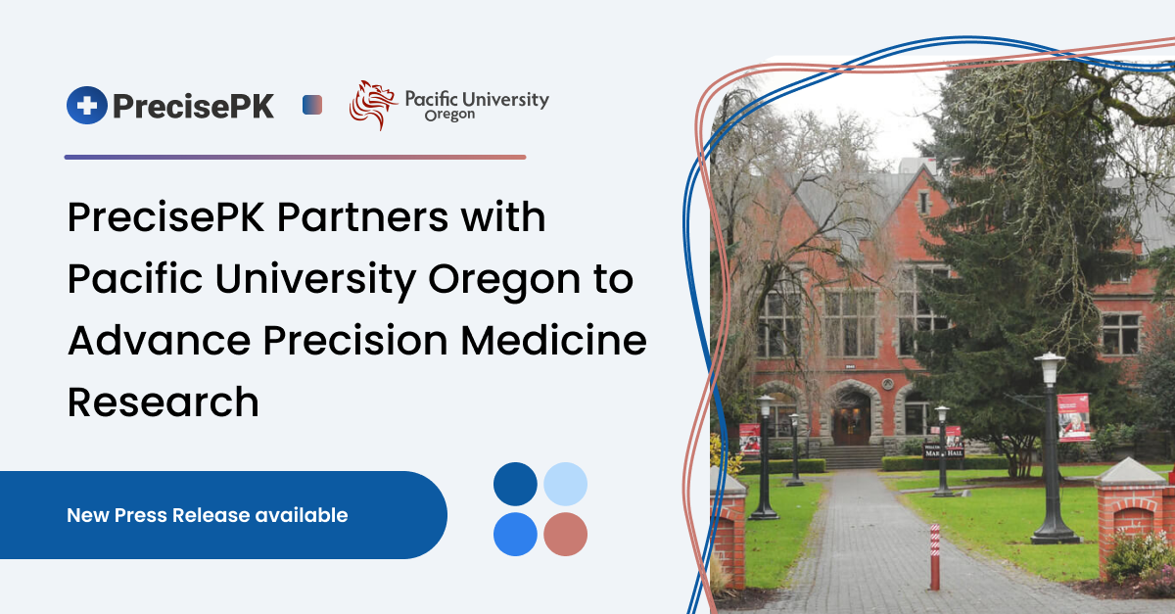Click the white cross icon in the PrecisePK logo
tap(87, 105)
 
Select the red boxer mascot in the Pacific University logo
tap(372, 105)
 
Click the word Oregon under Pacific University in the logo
tap(449, 116)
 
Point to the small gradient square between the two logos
tap(312, 105)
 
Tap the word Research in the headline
tap(164, 402)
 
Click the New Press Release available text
tap(207, 515)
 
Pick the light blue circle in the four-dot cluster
tap(565, 484)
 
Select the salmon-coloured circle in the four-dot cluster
tap(565, 535)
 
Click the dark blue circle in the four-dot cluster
tap(515, 484)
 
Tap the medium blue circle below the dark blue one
tap(515, 535)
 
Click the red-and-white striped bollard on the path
tap(934, 556)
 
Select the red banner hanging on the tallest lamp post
tap(1073, 417)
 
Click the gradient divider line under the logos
tap(295, 157)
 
